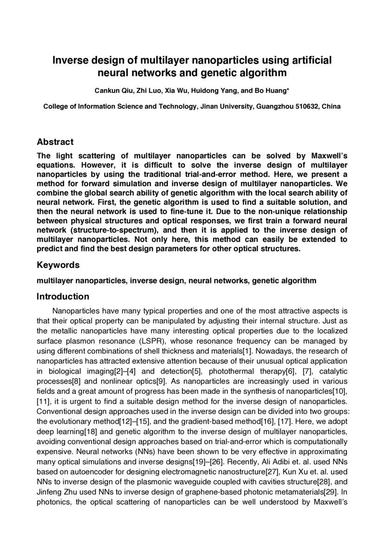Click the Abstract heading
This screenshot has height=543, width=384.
(x=55, y=142)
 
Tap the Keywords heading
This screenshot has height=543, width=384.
(x=58, y=265)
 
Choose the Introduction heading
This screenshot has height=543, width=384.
(x=63, y=296)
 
